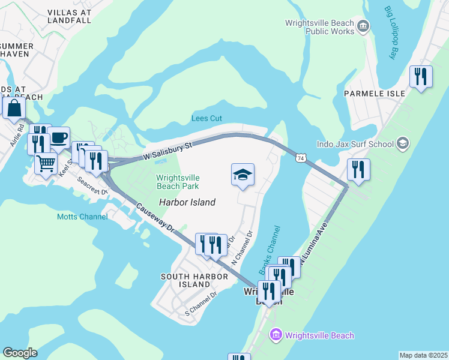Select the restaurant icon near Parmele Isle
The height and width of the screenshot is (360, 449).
(421, 77)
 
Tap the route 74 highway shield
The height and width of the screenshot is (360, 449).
(300, 157)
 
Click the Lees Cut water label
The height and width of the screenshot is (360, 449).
(207, 118)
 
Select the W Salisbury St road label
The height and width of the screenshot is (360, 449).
(168, 151)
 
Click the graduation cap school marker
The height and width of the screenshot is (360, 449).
(243, 175)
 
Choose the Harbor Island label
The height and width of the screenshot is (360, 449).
(187, 202)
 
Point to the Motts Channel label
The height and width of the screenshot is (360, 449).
(82, 217)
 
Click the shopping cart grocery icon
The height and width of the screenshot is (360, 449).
(46, 163)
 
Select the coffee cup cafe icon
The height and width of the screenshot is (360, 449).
(58, 137)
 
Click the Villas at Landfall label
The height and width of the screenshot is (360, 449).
(69, 16)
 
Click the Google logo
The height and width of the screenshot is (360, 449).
(20, 353)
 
